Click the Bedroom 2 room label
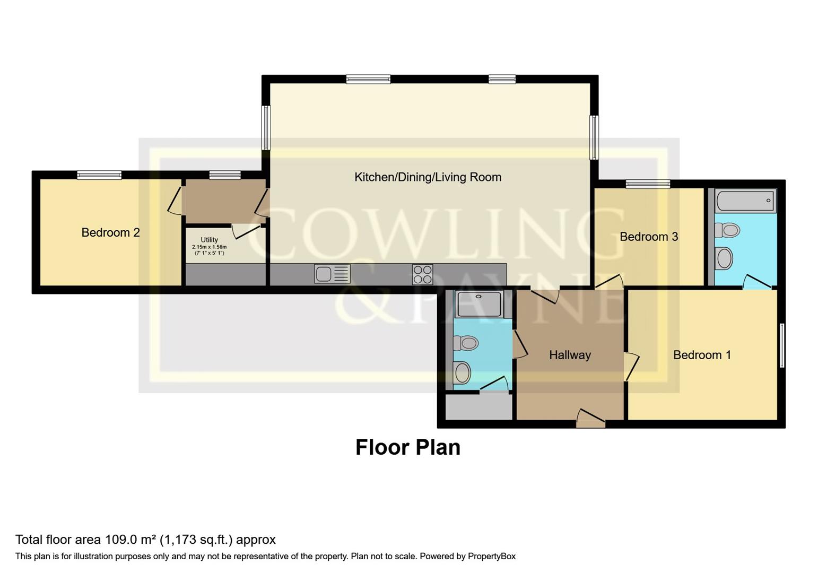pyautogui.click(x=110, y=232)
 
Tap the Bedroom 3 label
pyautogui.click(x=648, y=237)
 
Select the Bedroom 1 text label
pyautogui.click(x=701, y=355)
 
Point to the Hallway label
pyautogui.click(x=570, y=355)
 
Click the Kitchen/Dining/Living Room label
pyautogui.click(x=428, y=177)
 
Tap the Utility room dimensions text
pyautogui.click(x=209, y=250)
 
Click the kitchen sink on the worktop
pyautogui.click(x=332, y=274)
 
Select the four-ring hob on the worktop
pyautogui.click(x=422, y=274)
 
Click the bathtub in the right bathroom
pyautogui.click(x=745, y=201)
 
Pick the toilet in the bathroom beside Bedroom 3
pyautogui.click(x=727, y=230)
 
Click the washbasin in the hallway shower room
pyautogui.click(x=462, y=372)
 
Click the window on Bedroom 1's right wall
pyautogui.click(x=782, y=345)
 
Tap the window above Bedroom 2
pyautogui.click(x=99, y=175)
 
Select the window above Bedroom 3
pyautogui.click(x=648, y=184)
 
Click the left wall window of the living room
pyautogui.click(x=266, y=127)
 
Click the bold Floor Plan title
pyautogui.click(x=407, y=447)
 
